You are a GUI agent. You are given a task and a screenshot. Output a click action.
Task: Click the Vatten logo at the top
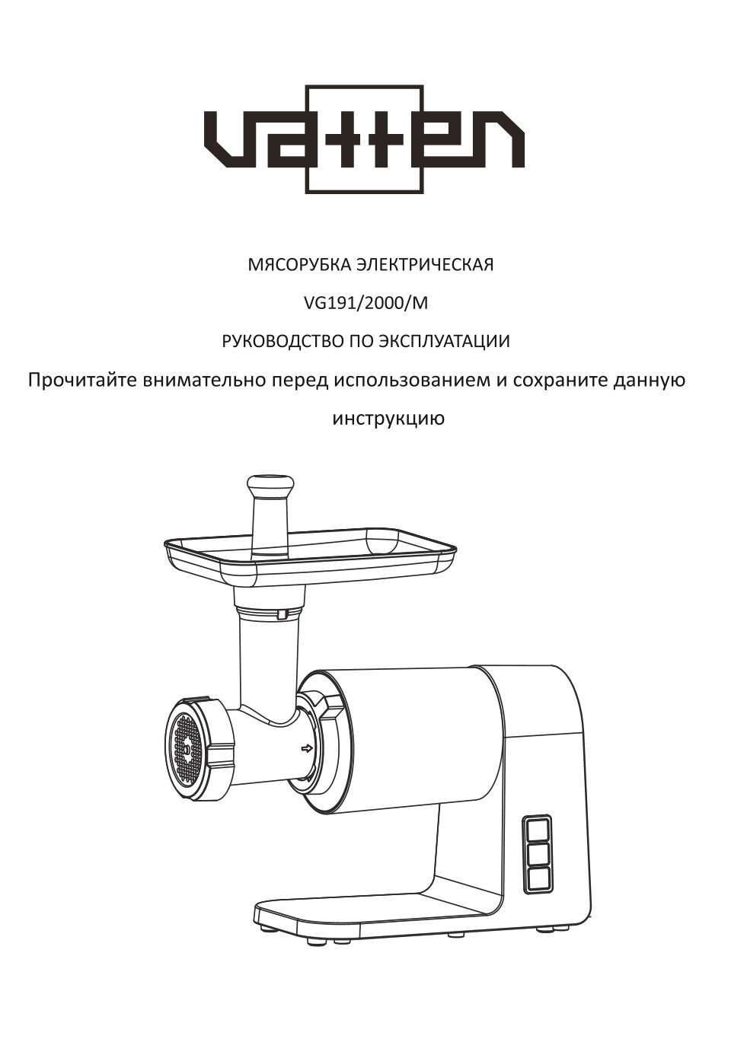click(364, 139)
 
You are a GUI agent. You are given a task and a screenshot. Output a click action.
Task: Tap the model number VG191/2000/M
click(365, 303)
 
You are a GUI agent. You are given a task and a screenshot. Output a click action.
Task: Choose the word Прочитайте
click(81, 380)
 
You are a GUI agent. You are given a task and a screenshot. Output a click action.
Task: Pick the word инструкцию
click(388, 419)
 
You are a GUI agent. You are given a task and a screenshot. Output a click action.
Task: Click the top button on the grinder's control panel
click(537, 828)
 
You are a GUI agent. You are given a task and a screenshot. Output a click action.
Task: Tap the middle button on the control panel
click(537, 854)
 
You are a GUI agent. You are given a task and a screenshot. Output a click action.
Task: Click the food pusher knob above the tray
click(270, 484)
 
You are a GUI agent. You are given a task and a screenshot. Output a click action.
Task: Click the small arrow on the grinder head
click(307, 749)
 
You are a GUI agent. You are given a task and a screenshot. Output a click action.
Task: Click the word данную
click(650, 380)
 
